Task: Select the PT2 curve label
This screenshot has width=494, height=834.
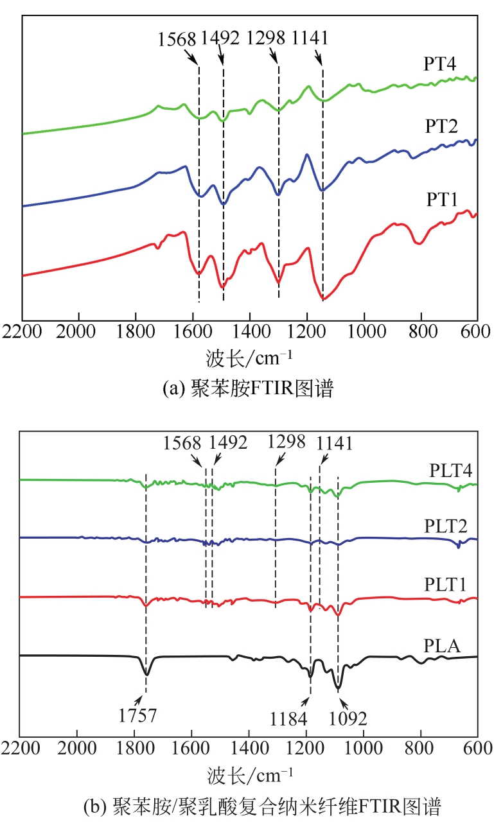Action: pyautogui.click(x=440, y=126)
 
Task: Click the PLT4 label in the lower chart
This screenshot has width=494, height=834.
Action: pyautogui.click(x=451, y=470)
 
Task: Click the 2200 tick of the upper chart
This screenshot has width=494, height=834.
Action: pyautogui.click(x=22, y=334)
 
